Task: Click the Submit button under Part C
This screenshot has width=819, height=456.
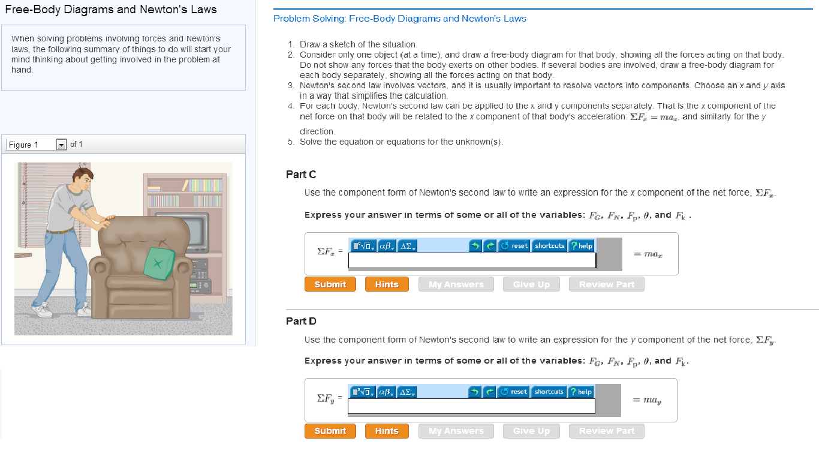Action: pos(330,284)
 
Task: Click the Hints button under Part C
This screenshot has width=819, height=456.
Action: pos(387,284)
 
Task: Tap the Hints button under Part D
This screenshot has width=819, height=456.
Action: pos(387,431)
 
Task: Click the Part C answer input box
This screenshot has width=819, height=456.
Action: pos(472,260)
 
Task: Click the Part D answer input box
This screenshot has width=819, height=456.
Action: pos(471,406)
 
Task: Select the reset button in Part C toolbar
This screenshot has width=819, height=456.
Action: pos(514,245)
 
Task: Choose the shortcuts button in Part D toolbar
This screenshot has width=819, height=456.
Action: pos(549,392)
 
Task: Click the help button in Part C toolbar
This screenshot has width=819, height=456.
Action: pos(581,245)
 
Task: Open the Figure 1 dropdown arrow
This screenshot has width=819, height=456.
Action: pos(61,145)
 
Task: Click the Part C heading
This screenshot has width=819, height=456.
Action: pos(301,175)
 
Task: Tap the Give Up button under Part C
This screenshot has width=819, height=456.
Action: pos(531,284)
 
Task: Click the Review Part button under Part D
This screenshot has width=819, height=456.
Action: pos(606,431)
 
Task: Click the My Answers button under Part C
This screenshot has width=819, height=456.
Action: pos(456,284)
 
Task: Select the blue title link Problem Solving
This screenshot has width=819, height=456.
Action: pos(399,19)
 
